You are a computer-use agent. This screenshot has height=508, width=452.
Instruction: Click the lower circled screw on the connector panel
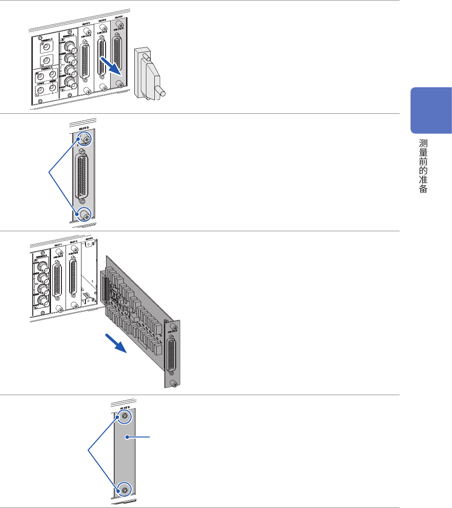tap(85, 214)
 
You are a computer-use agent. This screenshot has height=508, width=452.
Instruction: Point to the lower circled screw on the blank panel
tap(124, 490)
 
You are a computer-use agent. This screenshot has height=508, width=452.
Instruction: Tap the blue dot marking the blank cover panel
tap(129, 437)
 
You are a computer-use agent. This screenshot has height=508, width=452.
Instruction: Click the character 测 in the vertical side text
tap(423, 144)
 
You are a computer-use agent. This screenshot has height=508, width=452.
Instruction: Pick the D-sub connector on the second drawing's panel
tap(81, 177)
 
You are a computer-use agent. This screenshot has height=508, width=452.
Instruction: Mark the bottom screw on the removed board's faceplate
tap(175, 385)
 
